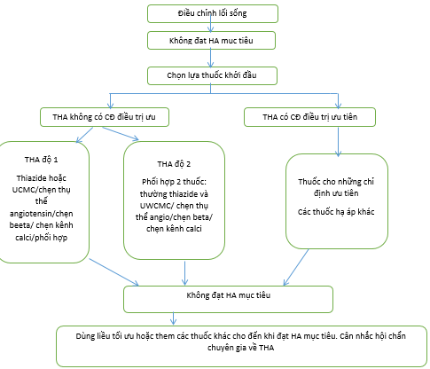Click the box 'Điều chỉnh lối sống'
point(213,13)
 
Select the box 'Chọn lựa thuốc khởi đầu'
point(212,75)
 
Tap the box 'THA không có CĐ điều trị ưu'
point(105,117)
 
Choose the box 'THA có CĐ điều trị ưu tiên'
point(309,117)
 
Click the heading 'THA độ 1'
point(41,160)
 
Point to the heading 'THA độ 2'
point(174,164)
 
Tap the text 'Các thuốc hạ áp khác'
point(336,212)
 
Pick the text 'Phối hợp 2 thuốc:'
point(174,182)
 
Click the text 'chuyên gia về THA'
point(240,348)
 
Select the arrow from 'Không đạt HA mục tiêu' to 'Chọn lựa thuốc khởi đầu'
point(210,58)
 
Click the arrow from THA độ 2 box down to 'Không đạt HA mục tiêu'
point(184,273)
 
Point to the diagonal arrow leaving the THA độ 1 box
point(114,272)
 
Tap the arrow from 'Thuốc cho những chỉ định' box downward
point(296,267)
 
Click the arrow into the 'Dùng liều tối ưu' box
point(174,318)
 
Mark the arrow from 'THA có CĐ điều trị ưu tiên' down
point(339,142)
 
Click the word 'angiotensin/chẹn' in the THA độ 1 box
point(42,214)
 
